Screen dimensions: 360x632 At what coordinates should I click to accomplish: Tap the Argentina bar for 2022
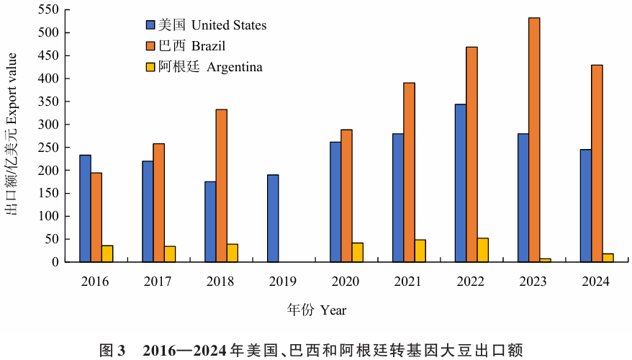(482, 250)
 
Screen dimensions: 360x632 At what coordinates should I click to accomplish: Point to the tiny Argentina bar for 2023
(545, 260)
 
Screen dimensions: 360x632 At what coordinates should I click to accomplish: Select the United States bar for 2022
(460, 183)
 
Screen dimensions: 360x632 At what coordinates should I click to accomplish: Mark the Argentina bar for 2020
(358, 253)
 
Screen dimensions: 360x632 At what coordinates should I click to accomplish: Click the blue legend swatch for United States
(151, 25)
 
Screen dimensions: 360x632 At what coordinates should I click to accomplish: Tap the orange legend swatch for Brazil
(151, 46)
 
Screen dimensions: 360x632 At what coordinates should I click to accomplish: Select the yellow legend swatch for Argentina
(151, 67)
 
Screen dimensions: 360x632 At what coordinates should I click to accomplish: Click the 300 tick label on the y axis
(47, 125)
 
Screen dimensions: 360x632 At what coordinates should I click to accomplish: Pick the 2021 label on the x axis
(408, 282)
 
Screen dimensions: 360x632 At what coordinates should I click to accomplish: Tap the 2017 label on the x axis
(158, 282)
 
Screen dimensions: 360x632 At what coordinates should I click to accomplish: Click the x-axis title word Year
(333, 310)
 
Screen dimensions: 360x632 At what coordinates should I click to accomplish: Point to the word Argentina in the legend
(235, 67)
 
